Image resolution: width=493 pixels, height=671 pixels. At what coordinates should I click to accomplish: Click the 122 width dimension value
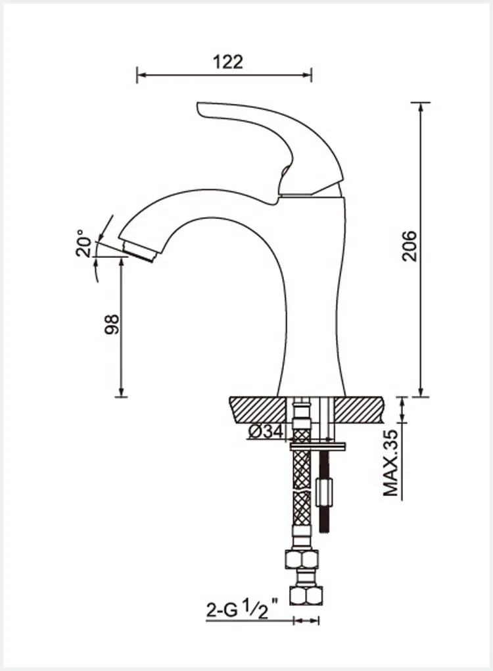[x=228, y=62]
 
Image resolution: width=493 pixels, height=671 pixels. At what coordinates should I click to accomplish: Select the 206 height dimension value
[x=410, y=245]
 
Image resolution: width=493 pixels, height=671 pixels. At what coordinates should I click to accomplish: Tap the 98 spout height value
[x=112, y=324]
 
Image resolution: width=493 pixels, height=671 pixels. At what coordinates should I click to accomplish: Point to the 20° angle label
[x=84, y=243]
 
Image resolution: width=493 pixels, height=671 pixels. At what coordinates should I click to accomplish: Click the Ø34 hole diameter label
[x=266, y=432]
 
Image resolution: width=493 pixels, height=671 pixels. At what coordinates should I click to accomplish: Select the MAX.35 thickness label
[x=392, y=462]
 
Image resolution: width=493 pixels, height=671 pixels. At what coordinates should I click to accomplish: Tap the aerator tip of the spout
[x=140, y=250]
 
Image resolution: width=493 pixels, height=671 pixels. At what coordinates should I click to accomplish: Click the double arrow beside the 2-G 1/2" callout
[x=306, y=620]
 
